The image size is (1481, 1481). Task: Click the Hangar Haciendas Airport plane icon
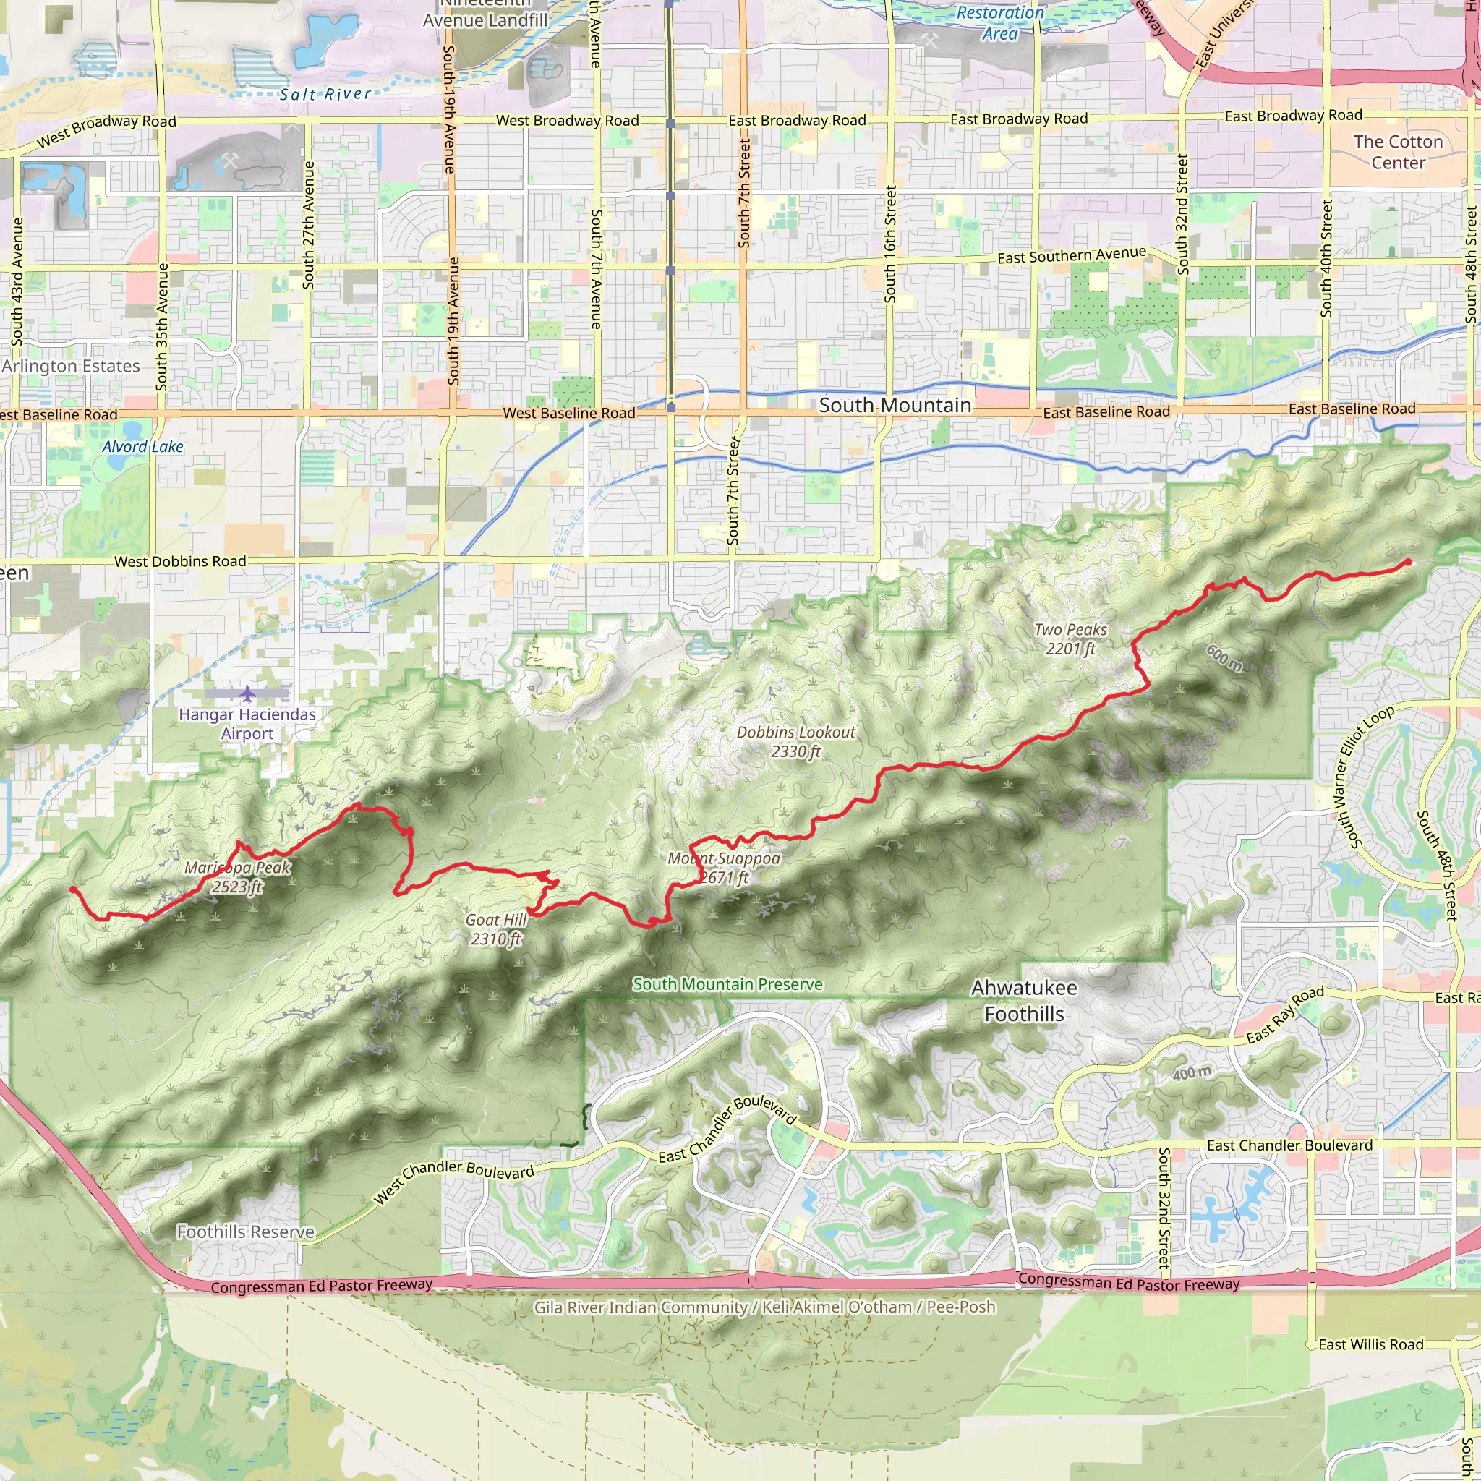pos(247,693)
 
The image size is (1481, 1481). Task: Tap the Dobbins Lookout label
pos(795,741)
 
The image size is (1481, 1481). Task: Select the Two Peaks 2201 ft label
pos(1070,639)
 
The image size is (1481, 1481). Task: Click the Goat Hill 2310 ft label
pos(496,929)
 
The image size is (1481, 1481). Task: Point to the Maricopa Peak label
pos(237,877)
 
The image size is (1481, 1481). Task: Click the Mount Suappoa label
pos(724,867)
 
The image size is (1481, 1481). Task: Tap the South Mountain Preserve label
pos(727,984)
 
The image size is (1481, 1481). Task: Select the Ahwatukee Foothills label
pos(1023,1001)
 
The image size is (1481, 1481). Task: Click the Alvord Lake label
pos(142,447)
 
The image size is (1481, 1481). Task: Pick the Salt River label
pos(325,94)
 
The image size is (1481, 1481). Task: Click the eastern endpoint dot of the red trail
pos(1407,563)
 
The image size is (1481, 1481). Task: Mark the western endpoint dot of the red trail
pos(73,889)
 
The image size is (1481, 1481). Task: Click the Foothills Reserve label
pos(245,1232)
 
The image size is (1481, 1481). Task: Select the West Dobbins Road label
pos(180,562)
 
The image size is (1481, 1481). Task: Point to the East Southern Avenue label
pos(1071,255)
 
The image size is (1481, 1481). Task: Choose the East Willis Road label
pos(1370,1344)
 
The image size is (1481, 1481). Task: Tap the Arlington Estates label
pos(71,367)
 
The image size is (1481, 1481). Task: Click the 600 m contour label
pos(1224,658)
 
